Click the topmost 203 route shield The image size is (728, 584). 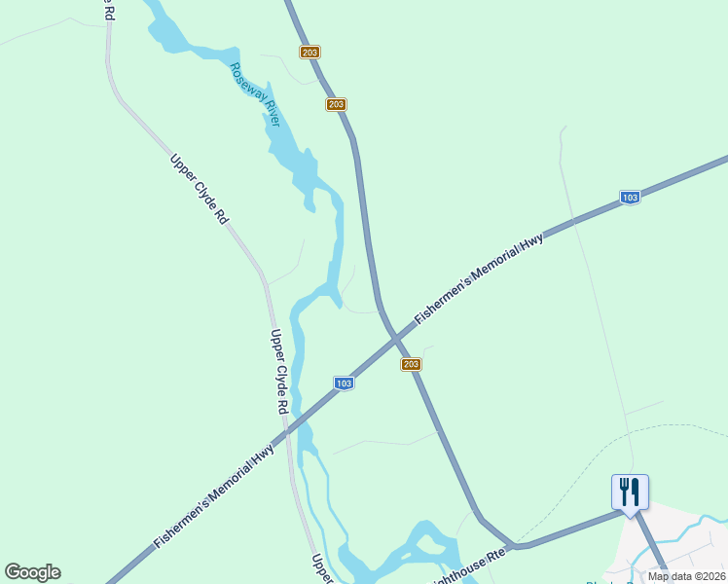pyautogui.click(x=310, y=53)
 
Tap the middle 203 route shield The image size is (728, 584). pyautogui.click(x=336, y=104)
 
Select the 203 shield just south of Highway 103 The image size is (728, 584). pyautogui.click(x=411, y=364)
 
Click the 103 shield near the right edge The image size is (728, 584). pyautogui.click(x=630, y=198)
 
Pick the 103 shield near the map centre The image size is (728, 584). pyautogui.click(x=343, y=383)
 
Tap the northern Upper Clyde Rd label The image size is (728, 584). pyautogui.click(x=198, y=189)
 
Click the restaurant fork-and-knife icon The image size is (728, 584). pyautogui.click(x=630, y=491)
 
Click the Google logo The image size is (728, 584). pyautogui.click(x=32, y=572)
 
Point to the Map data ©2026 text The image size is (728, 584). pyautogui.click(x=686, y=576)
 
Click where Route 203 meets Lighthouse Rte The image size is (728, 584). pyautogui.click(x=513, y=545)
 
